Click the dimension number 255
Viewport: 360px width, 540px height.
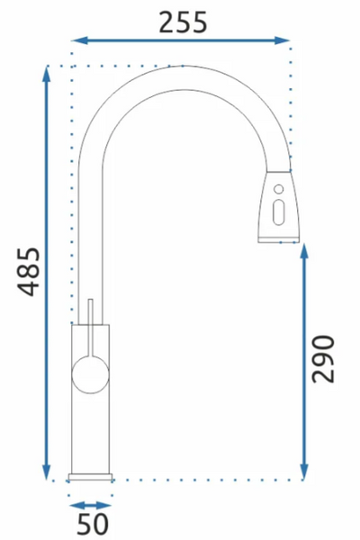click(x=183, y=22)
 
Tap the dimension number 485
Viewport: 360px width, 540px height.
click(x=29, y=272)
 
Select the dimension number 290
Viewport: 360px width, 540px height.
click(x=323, y=358)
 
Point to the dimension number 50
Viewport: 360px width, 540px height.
click(x=93, y=524)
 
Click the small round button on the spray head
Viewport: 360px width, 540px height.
click(x=279, y=189)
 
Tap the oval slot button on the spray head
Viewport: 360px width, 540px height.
click(x=278, y=212)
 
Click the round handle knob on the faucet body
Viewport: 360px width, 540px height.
click(x=90, y=375)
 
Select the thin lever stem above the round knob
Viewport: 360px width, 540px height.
click(x=91, y=328)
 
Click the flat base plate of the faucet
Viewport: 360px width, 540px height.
click(x=90, y=477)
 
